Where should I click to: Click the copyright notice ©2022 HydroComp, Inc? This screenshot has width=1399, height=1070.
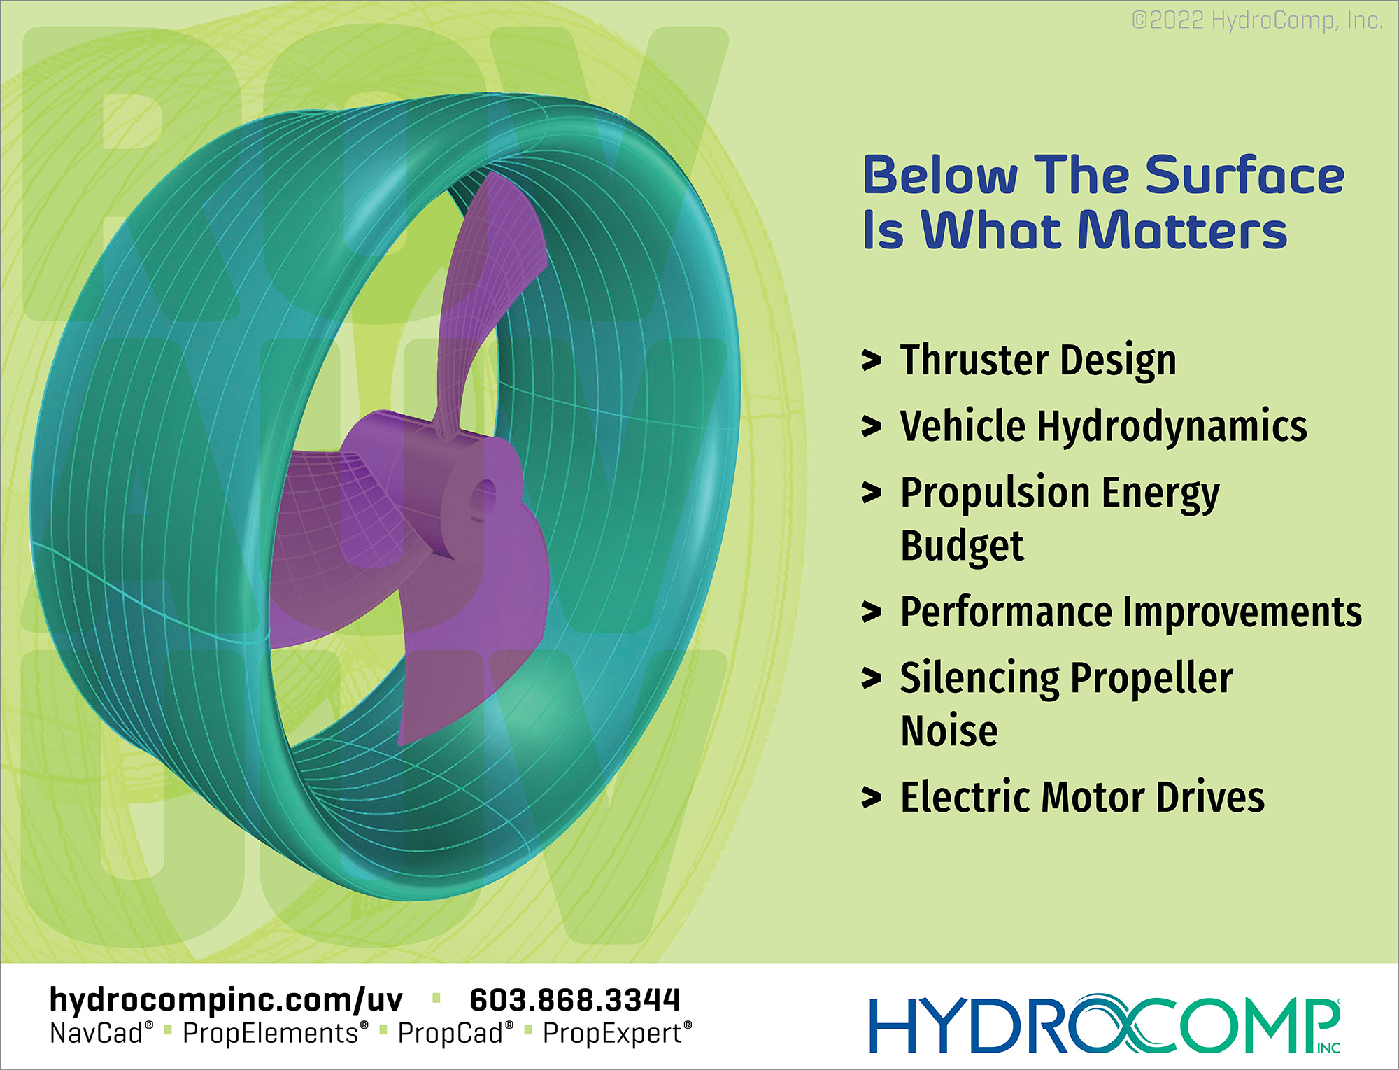pos(1257,21)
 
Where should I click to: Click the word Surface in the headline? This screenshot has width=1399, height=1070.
pos(1244,175)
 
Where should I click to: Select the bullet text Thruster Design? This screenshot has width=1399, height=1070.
pos(1038,361)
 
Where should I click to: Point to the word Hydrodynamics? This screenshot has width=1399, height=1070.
pos(1172,427)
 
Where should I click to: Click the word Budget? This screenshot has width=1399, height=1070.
pos(962,547)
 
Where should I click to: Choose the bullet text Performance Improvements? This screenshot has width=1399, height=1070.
pos(1131,612)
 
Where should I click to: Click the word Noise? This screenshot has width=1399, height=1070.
pos(949,731)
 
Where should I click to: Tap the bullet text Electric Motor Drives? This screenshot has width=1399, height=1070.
pos(1082,797)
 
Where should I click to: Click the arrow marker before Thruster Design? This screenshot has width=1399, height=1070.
pos(871,360)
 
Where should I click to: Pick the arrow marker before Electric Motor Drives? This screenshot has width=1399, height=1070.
pos(871,797)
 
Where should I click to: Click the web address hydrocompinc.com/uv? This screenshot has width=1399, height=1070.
pos(226,1000)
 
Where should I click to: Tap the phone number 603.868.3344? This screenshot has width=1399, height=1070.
pos(575,1000)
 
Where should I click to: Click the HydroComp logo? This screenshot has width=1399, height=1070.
pos(1105,1024)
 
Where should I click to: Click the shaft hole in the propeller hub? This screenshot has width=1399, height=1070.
pos(481,500)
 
